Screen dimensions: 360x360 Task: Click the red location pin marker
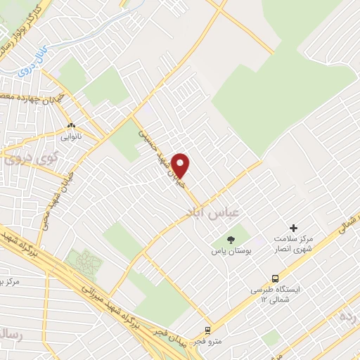[181, 166]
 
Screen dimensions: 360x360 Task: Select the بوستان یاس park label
[233, 251]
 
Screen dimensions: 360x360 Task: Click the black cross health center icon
[294, 228]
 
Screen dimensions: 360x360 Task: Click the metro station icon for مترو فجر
[207, 329]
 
